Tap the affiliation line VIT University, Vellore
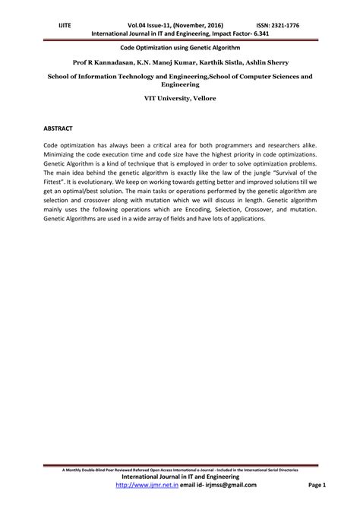coord(180,99)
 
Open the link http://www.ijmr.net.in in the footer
coord(145,486)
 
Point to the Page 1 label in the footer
coord(316,486)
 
